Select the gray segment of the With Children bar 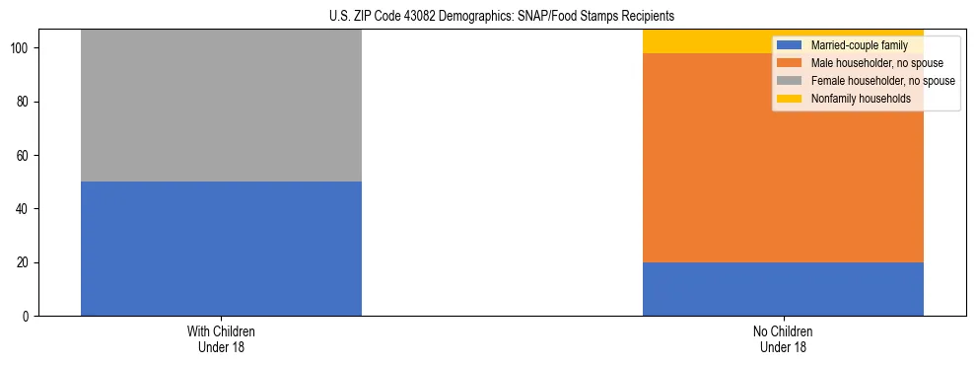pos(221,106)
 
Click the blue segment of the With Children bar pos(221,249)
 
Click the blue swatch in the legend pos(790,45)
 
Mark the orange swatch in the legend pos(790,63)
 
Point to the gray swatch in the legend pos(790,81)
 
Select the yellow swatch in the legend pos(790,99)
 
